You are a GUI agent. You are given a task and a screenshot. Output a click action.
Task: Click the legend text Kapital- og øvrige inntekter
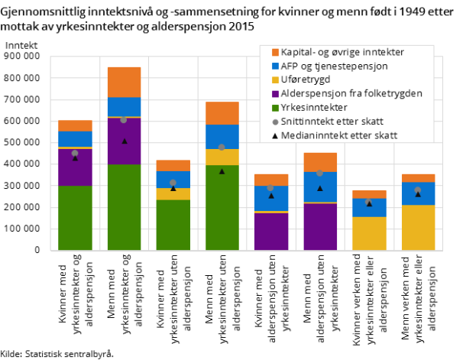pyautogui.click(x=342, y=52)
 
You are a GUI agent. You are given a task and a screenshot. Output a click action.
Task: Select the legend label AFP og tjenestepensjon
pyautogui.click(x=334, y=66)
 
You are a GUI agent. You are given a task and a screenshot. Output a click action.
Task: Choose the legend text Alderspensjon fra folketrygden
pyautogui.click(x=351, y=93)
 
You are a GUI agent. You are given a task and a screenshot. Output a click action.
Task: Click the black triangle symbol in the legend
pyautogui.click(x=275, y=135)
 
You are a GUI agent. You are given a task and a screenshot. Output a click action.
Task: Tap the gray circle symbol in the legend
pyautogui.click(x=275, y=121)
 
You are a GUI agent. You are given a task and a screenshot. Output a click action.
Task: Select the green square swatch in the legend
pyautogui.click(x=275, y=107)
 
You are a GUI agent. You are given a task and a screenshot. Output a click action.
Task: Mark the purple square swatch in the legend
pyautogui.click(x=275, y=93)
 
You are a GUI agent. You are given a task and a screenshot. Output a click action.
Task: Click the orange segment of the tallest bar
pyautogui.click(x=124, y=82)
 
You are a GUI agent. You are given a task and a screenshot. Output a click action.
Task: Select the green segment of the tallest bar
pyautogui.click(x=124, y=207)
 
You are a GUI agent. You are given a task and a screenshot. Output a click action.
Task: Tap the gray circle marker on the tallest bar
pyautogui.click(x=124, y=119)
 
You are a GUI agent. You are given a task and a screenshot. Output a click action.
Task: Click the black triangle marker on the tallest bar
pyautogui.click(x=124, y=141)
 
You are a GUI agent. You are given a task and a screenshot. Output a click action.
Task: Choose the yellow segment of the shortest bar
pyautogui.click(x=369, y=233)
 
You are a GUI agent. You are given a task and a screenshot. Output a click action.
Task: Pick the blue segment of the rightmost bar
pyautogui.click(x=418, y=193)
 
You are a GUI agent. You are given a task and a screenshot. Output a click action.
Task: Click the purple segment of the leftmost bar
pyautogui.click(x=75, y=167)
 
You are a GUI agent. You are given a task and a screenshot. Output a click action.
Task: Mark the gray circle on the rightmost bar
pyautogui.click(x=418, y=190)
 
